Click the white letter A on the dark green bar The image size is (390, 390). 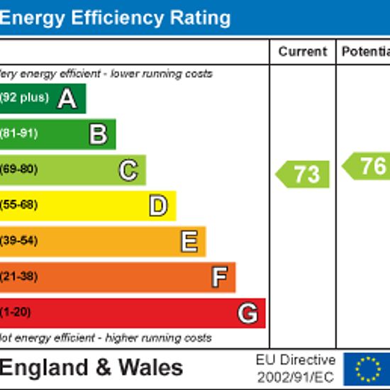pyautogui.click(x=67, y=99)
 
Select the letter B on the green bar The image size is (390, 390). pyautogui.click(x=99, y=135)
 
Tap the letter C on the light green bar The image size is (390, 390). pyautogui.click(x=128, y=170)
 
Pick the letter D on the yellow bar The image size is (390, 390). pyautogui.click(x=158, y=206)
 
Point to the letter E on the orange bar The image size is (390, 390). pyautogui.click(x=189, y=241)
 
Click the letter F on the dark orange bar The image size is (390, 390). pyautogui.click(x=219, y=277)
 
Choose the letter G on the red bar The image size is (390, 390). pyautogui.click(x=247, y=313)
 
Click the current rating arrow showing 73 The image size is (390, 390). pyautogui.click(x=302, y=174)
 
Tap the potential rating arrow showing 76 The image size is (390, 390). pyautogui.click(x=366, y=166)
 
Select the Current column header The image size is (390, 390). pyautogui.click(x=303, y=52)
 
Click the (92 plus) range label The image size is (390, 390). pyautogui.click(x=24, y=97)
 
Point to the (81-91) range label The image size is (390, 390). pyautogui.click(x=19, y=133)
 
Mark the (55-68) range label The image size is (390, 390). pyautogui.click(x=19, y=205)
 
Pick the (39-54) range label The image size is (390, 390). pyautogui.click(x=19, y=240)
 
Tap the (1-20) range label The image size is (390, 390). pyautogui.click(x=16, y=312)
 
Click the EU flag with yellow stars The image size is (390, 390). pyautogui.click(x=367, y=369)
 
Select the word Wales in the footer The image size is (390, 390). pyautogui.click(x=151, y=367)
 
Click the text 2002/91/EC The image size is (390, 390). pyautogui.click(x=296, y=377)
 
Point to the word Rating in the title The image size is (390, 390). pyautogui.click(x=200, y=19)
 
